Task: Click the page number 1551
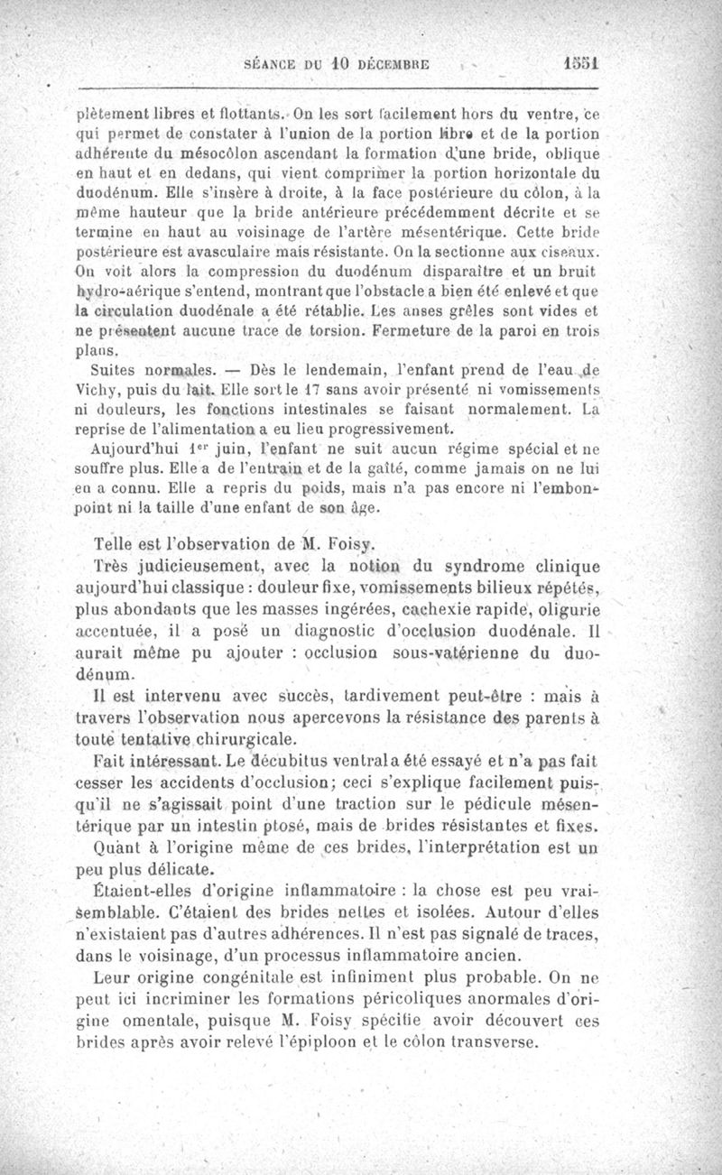pos(579,65)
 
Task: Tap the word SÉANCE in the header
pos(273,66)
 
